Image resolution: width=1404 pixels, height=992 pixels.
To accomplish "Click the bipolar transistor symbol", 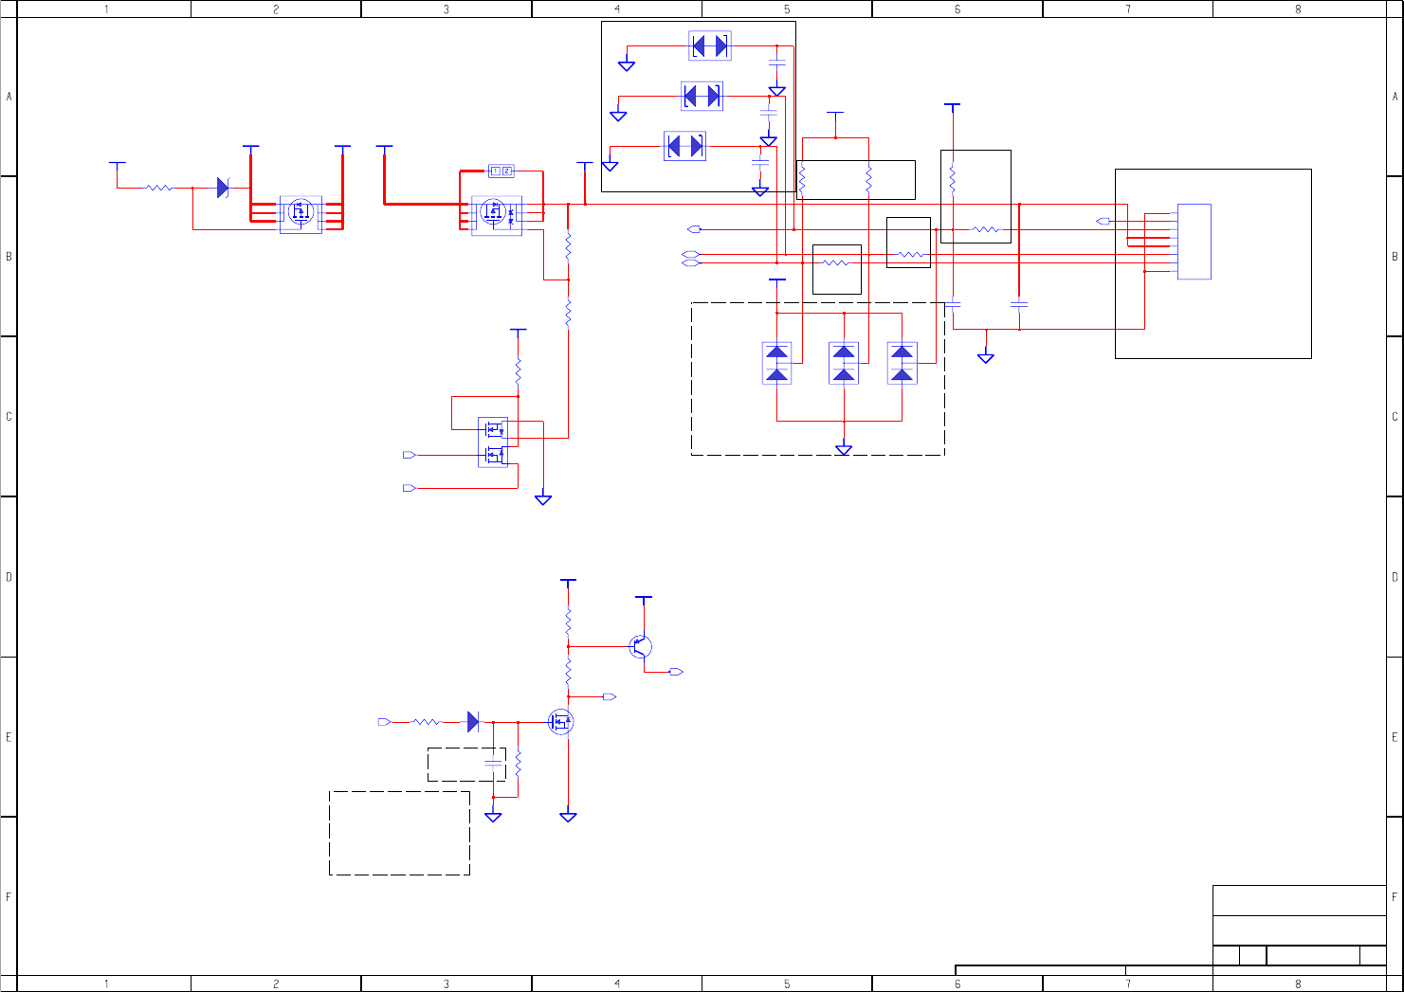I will tap(641, 647).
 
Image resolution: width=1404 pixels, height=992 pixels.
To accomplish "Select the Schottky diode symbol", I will tap(223, 188).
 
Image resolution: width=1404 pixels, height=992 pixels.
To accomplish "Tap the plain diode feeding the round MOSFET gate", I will tap(473, 722).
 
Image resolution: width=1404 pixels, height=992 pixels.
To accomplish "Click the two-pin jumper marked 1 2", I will tap(501, 171).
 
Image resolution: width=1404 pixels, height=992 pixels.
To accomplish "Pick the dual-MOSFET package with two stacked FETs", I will tap(493, 442).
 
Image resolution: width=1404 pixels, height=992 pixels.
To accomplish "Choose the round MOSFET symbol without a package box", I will tap(561, 722).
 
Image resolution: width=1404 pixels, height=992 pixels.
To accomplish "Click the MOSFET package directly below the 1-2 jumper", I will tap(496, 215).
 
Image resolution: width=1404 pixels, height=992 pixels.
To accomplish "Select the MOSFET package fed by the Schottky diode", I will tap(301, 215).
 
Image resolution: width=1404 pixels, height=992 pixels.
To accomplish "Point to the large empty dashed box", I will tap(399, 833).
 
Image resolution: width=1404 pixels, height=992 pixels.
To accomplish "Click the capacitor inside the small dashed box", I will tap(493, 763).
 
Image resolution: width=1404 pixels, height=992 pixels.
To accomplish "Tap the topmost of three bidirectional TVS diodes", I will tap(709, 45).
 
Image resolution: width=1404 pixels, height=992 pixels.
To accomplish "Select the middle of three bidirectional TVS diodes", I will tap(702, 96).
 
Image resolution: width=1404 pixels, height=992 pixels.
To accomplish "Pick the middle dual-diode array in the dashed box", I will tap(844, 363).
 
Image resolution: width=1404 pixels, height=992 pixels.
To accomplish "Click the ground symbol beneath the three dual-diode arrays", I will tap(844, 450).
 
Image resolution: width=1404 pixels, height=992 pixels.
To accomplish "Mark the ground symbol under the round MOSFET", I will tap(568, 816).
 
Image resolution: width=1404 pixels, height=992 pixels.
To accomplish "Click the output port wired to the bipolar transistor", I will tap(676, 672).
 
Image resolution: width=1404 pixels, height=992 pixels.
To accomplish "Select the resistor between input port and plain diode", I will tap(427, 722).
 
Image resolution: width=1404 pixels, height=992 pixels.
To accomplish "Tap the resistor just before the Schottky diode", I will tap(159, 188).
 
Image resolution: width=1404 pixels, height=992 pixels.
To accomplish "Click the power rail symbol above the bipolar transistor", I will tap(643, 598).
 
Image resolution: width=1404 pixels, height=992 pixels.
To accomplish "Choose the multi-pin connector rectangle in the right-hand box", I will tap(1194, 242).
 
